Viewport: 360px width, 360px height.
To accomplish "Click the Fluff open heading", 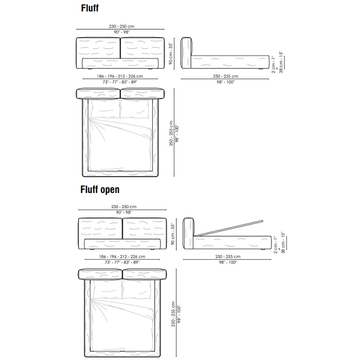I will pos(100,190).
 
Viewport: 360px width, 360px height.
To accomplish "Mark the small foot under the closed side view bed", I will pos(265,68).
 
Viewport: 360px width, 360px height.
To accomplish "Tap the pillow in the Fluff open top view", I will pos(137,290).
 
